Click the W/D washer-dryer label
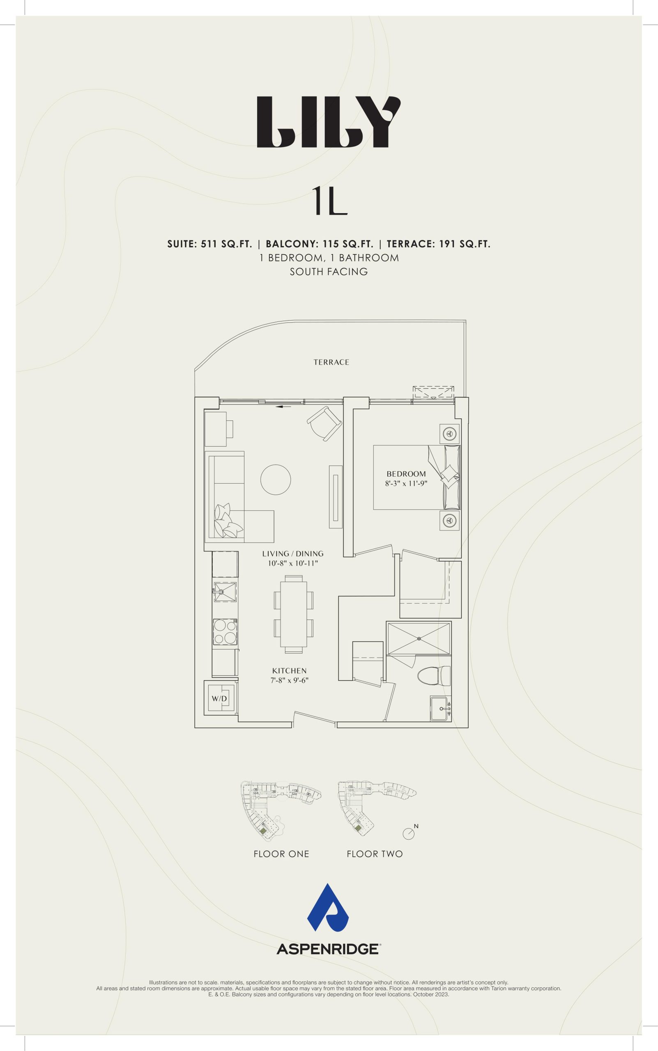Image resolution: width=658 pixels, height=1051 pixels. pos(219,699)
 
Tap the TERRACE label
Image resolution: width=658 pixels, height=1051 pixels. pos(331,362)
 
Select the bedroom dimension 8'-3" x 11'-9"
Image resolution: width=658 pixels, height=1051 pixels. pos(406,484)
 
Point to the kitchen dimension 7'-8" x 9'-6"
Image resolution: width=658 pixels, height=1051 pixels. pos(290,680)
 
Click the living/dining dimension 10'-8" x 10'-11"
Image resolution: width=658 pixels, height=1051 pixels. pos(293,563)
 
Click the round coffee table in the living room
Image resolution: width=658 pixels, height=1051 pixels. pos(276,480)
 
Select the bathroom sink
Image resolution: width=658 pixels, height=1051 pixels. pos(440,708)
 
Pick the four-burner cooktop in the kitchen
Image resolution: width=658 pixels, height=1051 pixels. pos(225,632)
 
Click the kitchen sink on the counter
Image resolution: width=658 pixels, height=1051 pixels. pos(225,592)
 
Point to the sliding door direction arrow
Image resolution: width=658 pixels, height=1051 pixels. pos(283,407)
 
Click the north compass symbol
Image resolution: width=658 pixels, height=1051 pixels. pos(409,833)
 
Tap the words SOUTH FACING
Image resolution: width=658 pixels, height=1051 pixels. pos(329,272)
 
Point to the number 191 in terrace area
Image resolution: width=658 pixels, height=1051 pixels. pos(447,244)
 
